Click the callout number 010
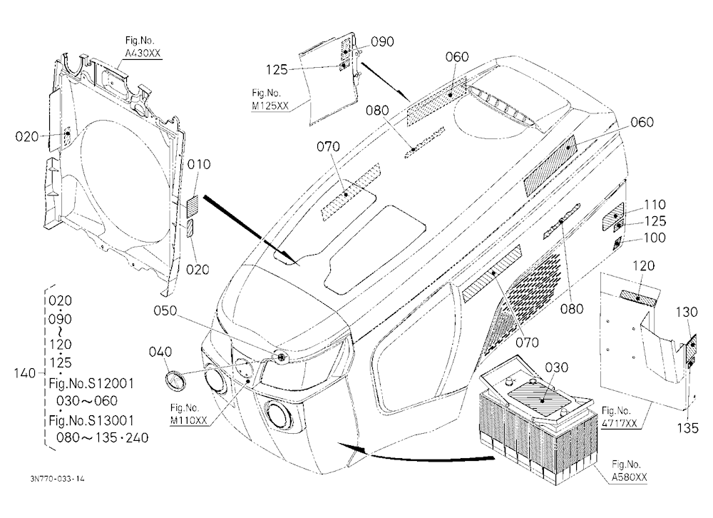pyautogui.click(x=199, y=164)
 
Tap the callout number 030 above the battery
pyautogui.click(x=556, y=367)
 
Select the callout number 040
pyautogui.click(x=160, y=352)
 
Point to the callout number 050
pyautogui.click(x=165, y=311)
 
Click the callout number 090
pyautogui.click(x=382, y=42)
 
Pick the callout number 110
pyautogui.click(x=655, y=205)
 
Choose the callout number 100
pyautogui.click(x=655, y=238)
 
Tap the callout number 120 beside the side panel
pyautogui.click(x=643, y=266)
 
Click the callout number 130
pyautogui.click(x=687, y=313)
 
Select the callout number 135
pyautogui.click(x=687, y=428)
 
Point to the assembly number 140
pyautogui.click(x=24, y=373)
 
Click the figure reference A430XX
pyautogui.click(x=143, y=54)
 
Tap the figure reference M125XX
pyautogui.click(x=270, y=106)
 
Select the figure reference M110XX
pyautogui.click(x=189, y=420)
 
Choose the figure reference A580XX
pyautogui.click(x=629, y=477)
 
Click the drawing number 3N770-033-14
pyautogui.click(x=57, y=479)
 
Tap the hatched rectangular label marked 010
pyautogui.click(x=193, y=207)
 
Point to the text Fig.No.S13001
pyautogui.click(x=91, y=420)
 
